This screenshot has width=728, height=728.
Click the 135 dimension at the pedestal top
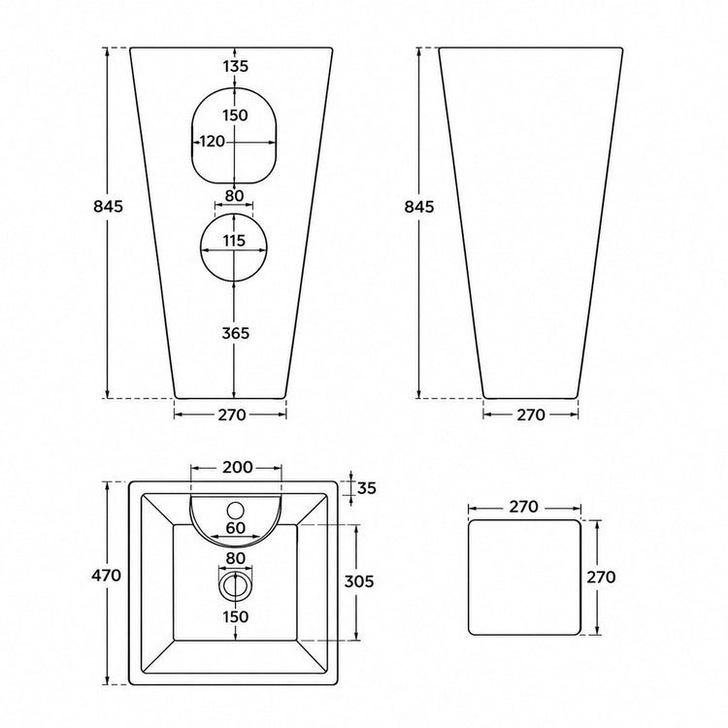[236, 66]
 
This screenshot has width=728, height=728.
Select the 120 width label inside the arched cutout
[213, 141]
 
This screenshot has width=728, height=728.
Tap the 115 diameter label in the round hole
[234, 241]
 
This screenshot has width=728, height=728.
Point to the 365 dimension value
[236, 333]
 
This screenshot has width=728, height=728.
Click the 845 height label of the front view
[108, 206]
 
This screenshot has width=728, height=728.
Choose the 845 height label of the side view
[418, 206]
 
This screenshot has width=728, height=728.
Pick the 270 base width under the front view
[232, 414]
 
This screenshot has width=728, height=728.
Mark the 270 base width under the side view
[531, 414]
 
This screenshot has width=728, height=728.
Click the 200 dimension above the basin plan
[237, 467]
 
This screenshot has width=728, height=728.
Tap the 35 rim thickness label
[367, 488]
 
